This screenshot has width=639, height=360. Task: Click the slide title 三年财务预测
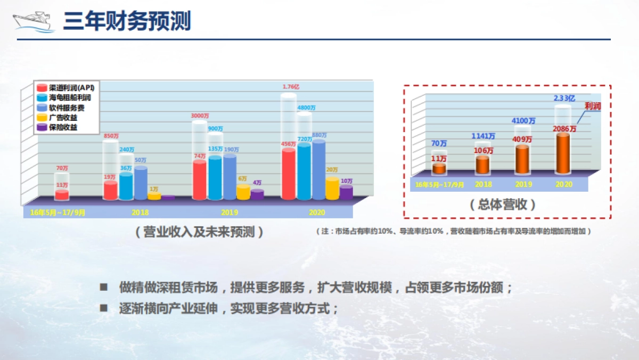point(127,21)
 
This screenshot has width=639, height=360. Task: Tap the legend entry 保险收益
point(63,127)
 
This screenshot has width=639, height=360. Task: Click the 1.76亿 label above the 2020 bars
point(291,87)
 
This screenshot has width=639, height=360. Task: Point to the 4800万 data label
point(307,108)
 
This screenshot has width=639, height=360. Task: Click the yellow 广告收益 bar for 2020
point(332,189)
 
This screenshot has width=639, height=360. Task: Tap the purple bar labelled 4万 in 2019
point(257,194)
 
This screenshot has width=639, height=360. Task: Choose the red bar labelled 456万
point(288,175)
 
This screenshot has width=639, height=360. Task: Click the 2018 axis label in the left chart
point(140,212)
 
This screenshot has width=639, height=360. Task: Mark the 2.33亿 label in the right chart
point(564,98)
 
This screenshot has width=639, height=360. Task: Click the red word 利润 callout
point(593,107)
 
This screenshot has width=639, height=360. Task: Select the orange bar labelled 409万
point(522,159)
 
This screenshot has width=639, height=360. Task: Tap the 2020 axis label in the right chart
point(563,184)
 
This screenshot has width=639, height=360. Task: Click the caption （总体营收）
point(503,204)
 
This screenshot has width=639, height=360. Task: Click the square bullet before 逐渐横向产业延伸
point(104,308)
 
